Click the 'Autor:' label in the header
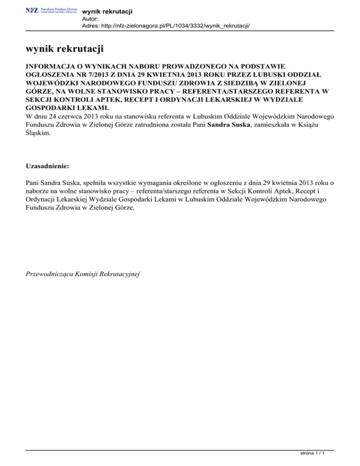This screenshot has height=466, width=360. click(90, 19)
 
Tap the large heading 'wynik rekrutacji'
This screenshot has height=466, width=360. click(65, 49)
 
